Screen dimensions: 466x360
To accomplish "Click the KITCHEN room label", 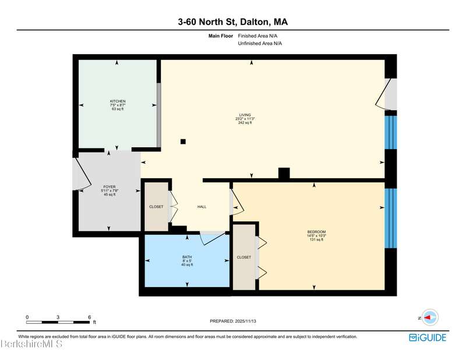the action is [x=118, y=101].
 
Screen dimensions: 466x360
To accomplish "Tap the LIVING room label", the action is [x=245, y=115].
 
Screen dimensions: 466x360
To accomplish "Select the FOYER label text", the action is [x=110, y=187].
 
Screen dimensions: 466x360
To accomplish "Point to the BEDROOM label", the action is [x=316, y=232].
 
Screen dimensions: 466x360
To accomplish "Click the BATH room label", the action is [x=187, y=257].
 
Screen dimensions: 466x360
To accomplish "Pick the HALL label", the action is [x=202, y=207].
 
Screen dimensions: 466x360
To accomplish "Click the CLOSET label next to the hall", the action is [x=156, y=207].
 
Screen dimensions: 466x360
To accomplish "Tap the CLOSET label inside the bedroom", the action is [x=243, y=257].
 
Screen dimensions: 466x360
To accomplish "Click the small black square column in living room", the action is [x=183, y=142].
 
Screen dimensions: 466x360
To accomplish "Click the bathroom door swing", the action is [x=213, y=238].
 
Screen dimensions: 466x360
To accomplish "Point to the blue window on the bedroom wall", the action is [x=390, y=218].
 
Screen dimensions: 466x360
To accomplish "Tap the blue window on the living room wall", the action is [x=390, y=132].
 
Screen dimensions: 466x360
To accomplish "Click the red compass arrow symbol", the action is [x=428, y=317].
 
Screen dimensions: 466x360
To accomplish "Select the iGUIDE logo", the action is [x=428, y=338].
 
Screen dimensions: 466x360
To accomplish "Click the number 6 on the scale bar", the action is [x=90, y=317].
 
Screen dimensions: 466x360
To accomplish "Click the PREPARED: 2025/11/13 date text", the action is [x=233, y=322].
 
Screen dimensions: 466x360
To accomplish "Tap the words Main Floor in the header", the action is [x=221, y=36].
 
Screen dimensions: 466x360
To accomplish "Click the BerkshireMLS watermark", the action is [x=31, y=344].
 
